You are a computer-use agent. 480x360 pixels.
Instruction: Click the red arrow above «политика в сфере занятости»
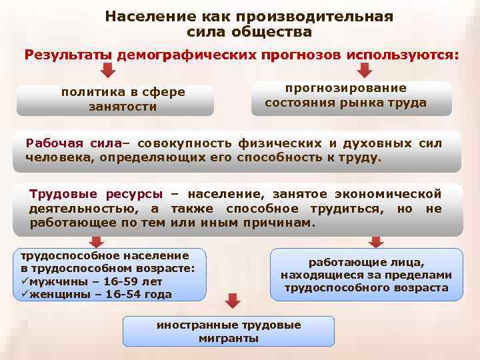point(109,71)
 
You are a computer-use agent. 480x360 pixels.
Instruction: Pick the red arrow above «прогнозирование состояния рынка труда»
point(365,70)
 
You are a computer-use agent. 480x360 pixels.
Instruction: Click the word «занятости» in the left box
point(122,107)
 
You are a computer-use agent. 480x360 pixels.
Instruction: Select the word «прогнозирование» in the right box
point(345,88)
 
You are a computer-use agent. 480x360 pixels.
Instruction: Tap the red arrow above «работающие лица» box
point(376,241)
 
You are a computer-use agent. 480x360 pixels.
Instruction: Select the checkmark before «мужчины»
point(25,281)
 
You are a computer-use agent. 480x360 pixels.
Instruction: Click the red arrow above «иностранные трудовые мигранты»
point(231,301)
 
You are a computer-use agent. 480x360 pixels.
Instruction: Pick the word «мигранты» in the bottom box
point(229,338)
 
